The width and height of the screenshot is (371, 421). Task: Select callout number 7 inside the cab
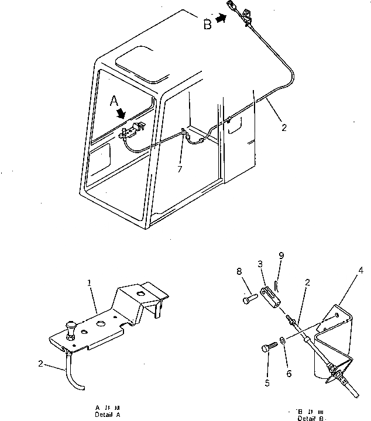pyautogui.click(x=180, y=169)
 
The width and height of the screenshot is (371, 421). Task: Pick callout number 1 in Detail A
pyautogui.click(x=90, y=282)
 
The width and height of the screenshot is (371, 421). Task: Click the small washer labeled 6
pyautogui.click(x=283, y=340)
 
